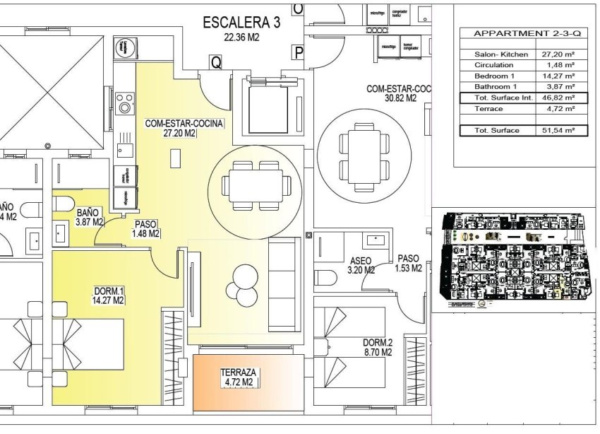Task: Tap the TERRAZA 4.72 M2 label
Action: tap(238, 377)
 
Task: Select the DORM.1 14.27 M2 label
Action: tap(109, 295)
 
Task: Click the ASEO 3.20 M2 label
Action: tap(361, 264)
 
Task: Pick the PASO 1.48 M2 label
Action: tap(146, 228)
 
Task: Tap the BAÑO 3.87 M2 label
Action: tap(90, 216)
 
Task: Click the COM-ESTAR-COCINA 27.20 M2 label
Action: tap(184, 128)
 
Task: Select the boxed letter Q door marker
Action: tap(215, 62)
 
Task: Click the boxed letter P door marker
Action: tap(299, 52)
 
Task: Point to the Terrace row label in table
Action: tap(489, 109)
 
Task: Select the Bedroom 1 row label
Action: tap(495, 75)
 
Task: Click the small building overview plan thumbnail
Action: tap(511, 260)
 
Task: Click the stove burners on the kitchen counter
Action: tap(125, 102)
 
